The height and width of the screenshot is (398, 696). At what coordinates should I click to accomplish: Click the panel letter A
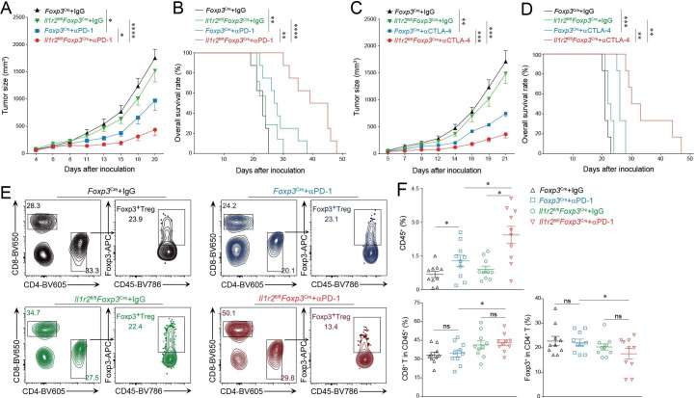(x=7, y=8)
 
